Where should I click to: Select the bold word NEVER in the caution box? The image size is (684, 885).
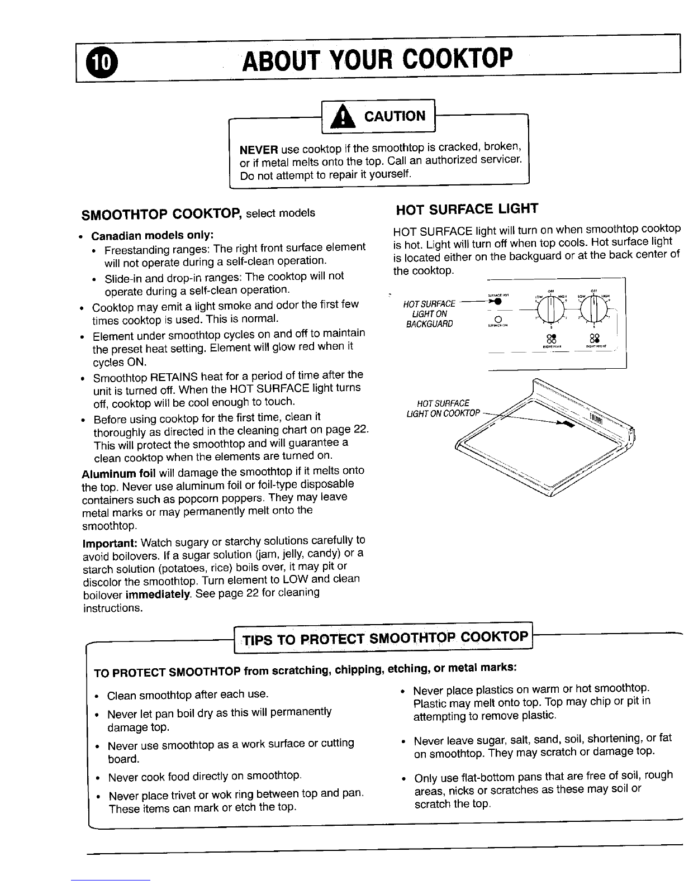coord(259,149)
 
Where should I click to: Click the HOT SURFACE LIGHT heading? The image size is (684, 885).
coord(467,210)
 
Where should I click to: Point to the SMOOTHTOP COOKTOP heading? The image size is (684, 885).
coord(161,214)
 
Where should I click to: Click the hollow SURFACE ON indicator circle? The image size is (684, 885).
coord(497,319)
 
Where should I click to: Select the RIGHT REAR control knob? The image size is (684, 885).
coord(550,308)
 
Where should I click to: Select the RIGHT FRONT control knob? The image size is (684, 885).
coord(596,308)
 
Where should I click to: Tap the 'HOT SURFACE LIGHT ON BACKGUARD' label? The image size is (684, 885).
coord(429,314)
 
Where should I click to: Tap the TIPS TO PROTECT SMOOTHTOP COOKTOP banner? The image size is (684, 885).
coord(384,637)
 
